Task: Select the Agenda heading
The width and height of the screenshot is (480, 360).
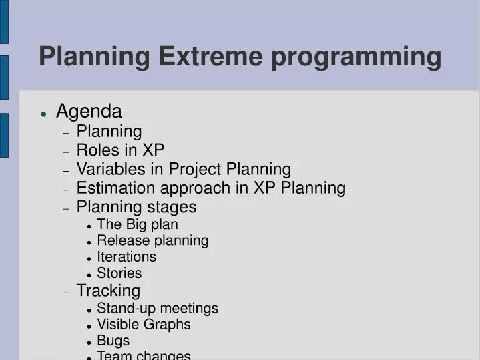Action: (89, 111)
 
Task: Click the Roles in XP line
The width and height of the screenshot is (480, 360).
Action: (120, 150)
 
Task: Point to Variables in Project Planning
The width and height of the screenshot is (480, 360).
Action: (184, 169)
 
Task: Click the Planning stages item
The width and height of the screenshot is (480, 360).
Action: (136, 206)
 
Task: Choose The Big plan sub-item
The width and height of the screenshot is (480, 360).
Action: (137, 224)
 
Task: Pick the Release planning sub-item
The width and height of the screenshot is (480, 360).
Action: (152, 240)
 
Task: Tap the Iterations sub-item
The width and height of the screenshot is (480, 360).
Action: (126, 256)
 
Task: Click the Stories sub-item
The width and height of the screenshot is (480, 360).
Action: (119, 273)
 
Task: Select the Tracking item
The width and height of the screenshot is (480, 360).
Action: (108, 291)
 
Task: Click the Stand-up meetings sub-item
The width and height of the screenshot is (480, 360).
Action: (157, 308)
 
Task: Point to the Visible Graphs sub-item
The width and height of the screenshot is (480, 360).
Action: (144, 324)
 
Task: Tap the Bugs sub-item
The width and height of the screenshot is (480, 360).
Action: (113, 341)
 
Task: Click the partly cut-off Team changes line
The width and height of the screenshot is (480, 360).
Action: (144, 355)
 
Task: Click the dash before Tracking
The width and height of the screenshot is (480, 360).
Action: (66, 292)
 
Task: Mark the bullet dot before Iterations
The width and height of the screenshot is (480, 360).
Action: (89, 258)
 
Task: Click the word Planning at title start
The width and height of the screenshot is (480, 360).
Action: (94, 57)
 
